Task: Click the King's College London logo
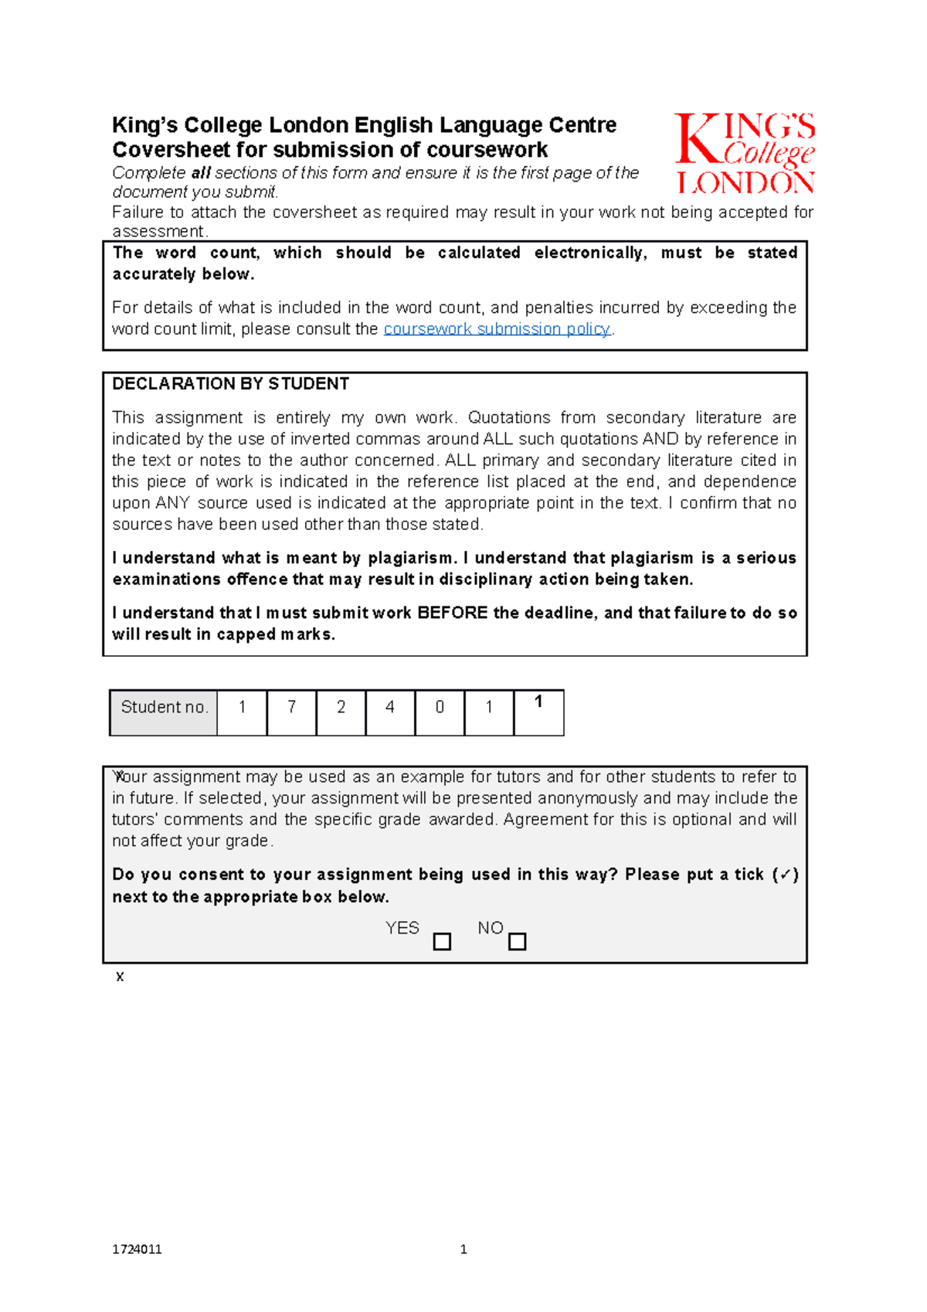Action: click(745, 153)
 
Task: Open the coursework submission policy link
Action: click(497, 329)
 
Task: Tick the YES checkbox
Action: click(442, 942)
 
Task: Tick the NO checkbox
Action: click(518, 942)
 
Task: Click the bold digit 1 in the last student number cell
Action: click(538, 702)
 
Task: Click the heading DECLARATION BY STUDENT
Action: click(230, 384)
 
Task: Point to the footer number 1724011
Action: click(137, 1249)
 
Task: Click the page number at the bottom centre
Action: click(463, 1249)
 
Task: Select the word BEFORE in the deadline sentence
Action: click(452, 614)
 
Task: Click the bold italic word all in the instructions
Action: click(201, 173)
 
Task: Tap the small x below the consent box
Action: click(120, 977)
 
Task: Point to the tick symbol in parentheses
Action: click(785, 875)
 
